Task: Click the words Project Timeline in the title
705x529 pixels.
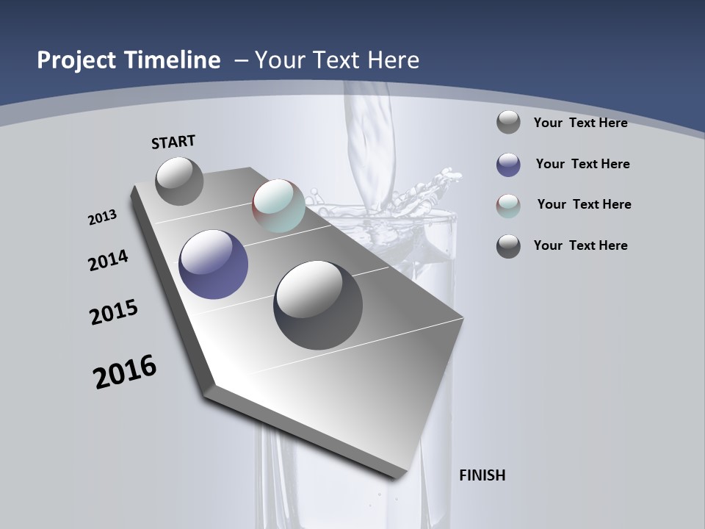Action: coord(129,60)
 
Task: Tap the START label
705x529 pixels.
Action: coord(173,142)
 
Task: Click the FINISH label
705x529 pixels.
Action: coord(482,475)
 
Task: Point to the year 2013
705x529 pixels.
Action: coord(103,217)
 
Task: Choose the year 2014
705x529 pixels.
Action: coord(109,260)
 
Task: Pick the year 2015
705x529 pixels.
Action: coord(114,312)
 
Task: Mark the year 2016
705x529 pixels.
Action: coord(125,372)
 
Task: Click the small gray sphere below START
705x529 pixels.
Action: coord(180,181)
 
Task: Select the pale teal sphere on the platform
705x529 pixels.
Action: coord(278,206)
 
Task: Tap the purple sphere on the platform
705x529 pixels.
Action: coord(214,264)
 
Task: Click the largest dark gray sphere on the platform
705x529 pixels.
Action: coord(318,305)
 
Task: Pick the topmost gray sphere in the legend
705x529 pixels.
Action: coord(508,122)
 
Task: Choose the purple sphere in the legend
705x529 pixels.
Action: coord(508,165)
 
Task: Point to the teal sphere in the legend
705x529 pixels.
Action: coord(508,206)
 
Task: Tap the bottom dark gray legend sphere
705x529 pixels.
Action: coord(508,246)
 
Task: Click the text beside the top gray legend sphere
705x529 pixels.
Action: coord(581,123)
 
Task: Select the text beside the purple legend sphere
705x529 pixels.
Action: coord(583,164)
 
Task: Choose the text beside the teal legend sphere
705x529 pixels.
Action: coord(585,204)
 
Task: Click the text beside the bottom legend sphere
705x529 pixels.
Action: coord(581,245)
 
